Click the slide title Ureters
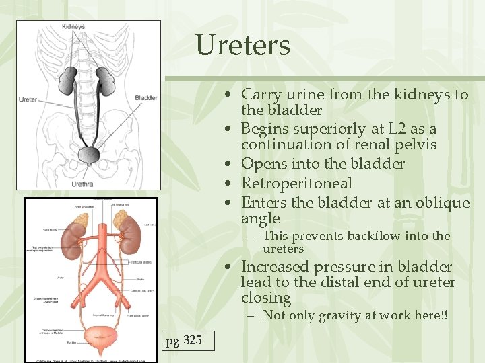pos(243,46)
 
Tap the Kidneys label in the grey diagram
pos(73,26)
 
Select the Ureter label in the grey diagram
pos(28,99)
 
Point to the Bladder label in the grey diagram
pos(146,98)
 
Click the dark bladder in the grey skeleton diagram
pos(88,155)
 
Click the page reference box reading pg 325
pos(184,340)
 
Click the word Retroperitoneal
pos(296,183)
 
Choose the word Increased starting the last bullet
pos(278,266)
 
